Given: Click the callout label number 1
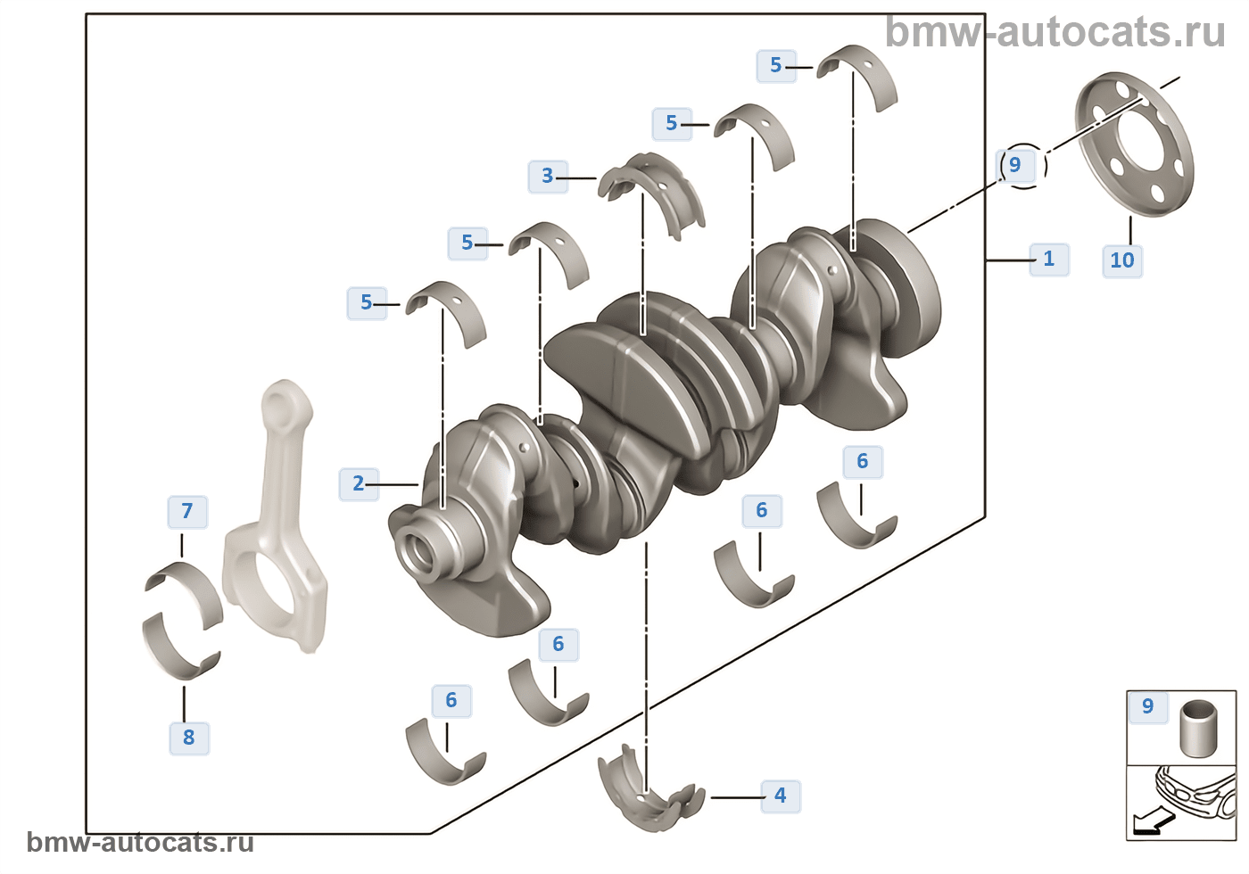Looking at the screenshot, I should (x=1049, y=259).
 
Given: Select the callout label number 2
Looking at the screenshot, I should (x=359, y=483).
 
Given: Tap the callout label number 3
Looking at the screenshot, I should (x=548, y=176).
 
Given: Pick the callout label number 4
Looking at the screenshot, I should (x=781, y=795).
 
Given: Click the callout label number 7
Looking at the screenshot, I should (x=187, y=511).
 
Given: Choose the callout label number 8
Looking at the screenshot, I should (x=189, y=738).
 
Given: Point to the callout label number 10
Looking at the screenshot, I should (x=1122, y=260).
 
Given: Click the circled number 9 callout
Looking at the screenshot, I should (x=1015, y=165).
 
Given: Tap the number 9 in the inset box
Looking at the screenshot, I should (x=1148, y=706).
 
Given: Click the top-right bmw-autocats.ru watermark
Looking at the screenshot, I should (x=1055, y=32).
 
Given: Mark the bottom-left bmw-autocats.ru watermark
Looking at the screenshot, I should (x=140, y=843).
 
